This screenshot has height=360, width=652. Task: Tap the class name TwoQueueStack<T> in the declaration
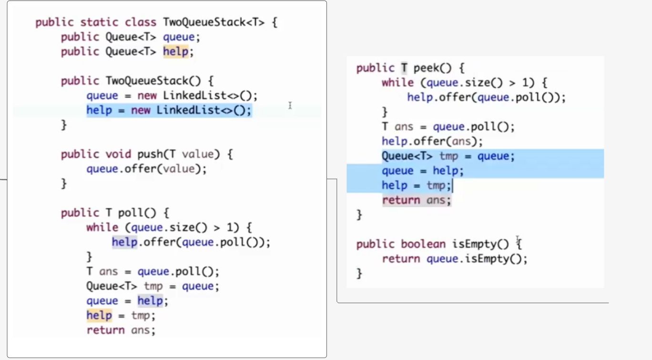[214, 22]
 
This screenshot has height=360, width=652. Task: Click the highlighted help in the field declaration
[176, 51]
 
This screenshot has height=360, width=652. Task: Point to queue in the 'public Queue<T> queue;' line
[179, 37]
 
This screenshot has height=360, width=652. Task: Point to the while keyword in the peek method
[397, 82]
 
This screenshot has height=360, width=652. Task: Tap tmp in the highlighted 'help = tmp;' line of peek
[435, 185]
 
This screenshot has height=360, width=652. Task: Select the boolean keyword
[423, 244]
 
